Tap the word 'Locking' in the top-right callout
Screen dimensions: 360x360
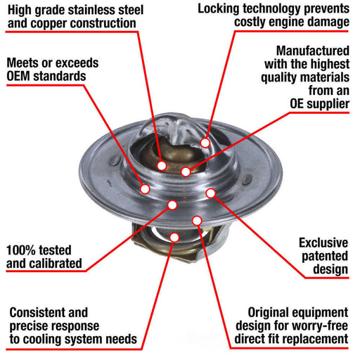click(x=224, y=8)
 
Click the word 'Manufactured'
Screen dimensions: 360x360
click(x=311, y=52)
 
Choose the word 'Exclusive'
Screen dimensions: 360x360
click(x=323, y=243)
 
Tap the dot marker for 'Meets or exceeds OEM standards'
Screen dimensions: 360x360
click(x=146, y=188)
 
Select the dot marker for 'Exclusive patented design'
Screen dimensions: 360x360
click(x=210, y=192)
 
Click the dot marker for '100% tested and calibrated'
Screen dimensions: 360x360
click(x=172, y=205)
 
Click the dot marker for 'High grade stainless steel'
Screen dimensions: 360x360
click(x=162, y=166)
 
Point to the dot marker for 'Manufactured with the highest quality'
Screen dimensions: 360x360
click(x=186, y=171)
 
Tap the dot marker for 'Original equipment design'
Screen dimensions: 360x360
click(x=197, y=221)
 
